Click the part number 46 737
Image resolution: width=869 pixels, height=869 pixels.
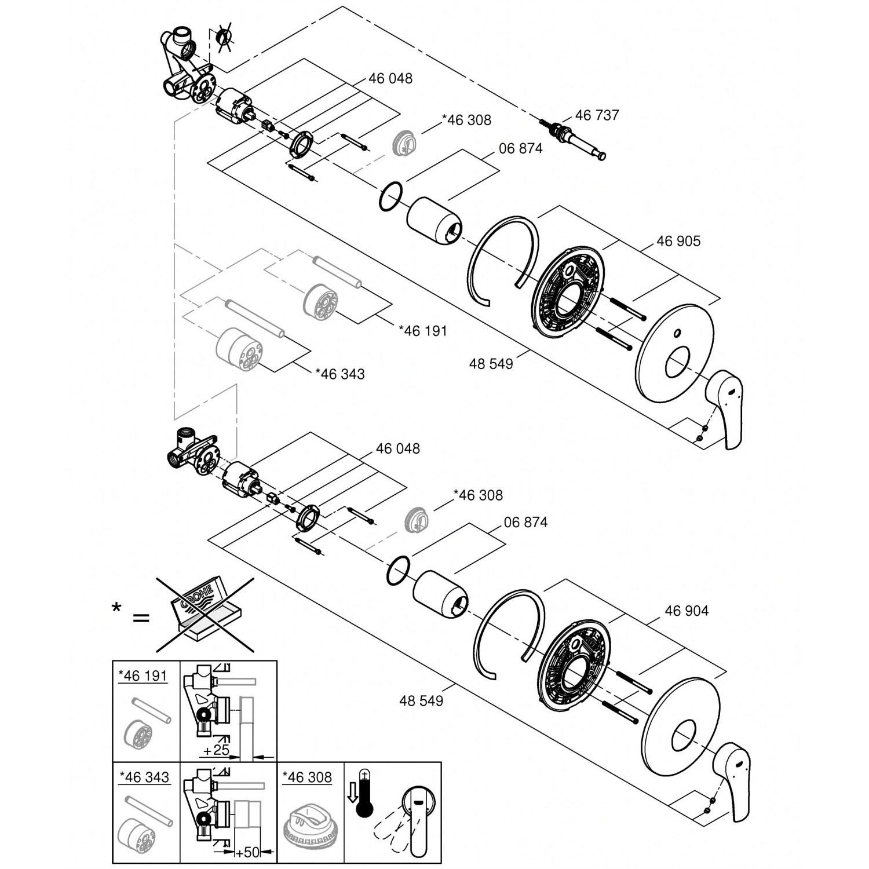coord(597,115)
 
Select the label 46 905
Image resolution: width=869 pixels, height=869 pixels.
coord(678,241)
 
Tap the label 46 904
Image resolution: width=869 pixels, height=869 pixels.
coord(687,611)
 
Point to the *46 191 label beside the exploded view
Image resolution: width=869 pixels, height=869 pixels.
coord(423,331)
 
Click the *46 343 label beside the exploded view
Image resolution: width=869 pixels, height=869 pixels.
coord(340,374)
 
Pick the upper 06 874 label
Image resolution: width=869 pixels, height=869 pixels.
coord(521,148)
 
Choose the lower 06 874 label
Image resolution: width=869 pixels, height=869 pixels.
coord(525,522)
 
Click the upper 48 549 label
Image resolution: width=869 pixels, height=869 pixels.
coord(491,364)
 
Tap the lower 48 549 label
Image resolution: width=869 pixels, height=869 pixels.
coord(421,700)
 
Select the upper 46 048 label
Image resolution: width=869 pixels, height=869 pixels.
coord(390,78)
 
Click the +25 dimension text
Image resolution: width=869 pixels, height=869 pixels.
coord(217,750)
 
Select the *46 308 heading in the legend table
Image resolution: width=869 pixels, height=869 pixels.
coord(307,777)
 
